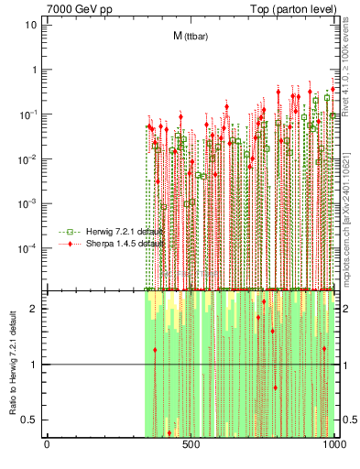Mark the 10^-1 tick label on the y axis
click(x=28, y=114)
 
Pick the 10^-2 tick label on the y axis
click(x=28, y=158)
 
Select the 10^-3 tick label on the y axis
click(x=28, y=203)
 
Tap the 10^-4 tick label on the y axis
click(x=28, y=247)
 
